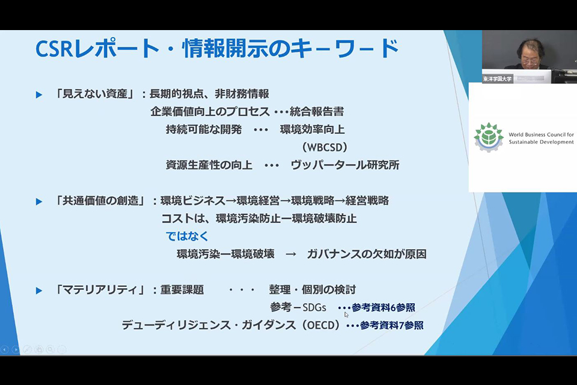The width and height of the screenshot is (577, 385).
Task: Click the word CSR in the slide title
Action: coord(53,48)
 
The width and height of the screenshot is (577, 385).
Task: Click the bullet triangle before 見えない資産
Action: coord(38,95)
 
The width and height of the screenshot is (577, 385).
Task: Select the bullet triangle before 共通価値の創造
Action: coord(38,202)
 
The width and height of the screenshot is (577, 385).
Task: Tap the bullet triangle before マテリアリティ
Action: coord(38,291)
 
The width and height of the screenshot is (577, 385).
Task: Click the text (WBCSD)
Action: coord(325,147)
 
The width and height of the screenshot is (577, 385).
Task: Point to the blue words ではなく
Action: coord(187,236)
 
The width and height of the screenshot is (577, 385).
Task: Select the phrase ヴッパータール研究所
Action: coord(345,165)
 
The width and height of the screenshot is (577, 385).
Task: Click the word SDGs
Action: coord(314,307)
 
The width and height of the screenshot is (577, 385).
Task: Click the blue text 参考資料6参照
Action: coord(383,307)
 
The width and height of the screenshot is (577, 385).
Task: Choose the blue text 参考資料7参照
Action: coord(391,325)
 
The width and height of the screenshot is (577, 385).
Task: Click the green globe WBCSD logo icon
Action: coord(488,137)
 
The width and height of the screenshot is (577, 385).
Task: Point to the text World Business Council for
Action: coord(541,135)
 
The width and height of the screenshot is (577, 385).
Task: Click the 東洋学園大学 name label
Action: coord(497,79)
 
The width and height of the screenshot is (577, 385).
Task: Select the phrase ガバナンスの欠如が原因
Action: coord(367,254)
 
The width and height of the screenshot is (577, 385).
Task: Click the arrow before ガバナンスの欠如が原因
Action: coord(291,254)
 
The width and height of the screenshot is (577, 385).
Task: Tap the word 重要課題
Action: coord(182,289)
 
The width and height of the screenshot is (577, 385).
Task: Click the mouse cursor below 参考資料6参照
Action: coord(346,315)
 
